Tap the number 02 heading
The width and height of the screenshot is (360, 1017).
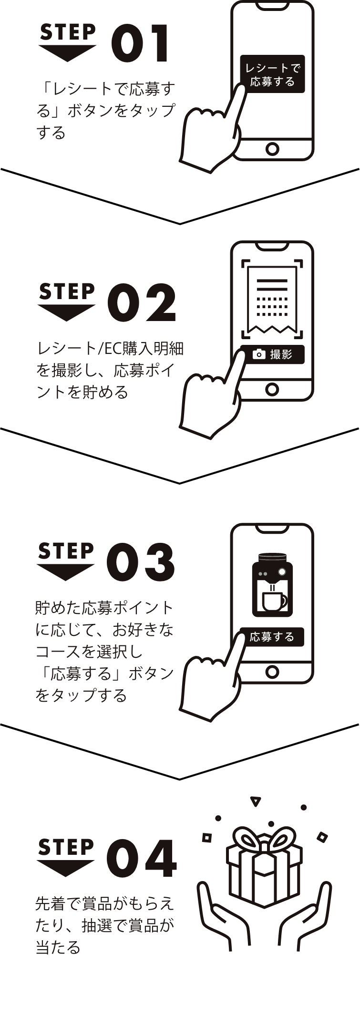[x=142, y=302]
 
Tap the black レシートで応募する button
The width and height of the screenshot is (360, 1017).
[x=272, y=74]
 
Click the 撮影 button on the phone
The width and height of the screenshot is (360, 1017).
[x=272, y=354]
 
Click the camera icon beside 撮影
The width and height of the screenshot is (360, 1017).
[x=258, y=354]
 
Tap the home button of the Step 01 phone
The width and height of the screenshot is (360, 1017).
[x=272, y=149]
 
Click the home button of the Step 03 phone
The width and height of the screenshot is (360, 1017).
[x=272, y=672]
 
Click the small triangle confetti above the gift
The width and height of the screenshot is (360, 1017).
[x=256, y=801]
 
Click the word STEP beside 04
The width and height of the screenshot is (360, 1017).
[x=66, y=848]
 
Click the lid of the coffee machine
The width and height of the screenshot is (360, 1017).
[x=272, y=558]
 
